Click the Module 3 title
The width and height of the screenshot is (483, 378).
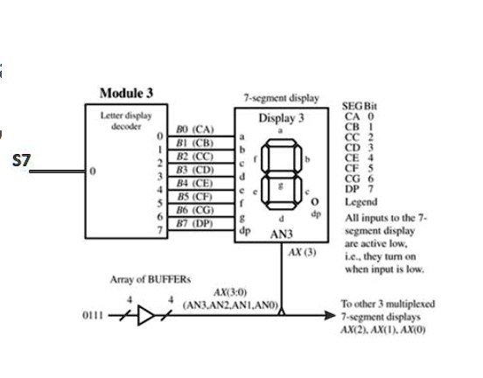126,93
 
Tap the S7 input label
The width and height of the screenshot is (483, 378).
22,160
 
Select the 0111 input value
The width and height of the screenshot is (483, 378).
93,316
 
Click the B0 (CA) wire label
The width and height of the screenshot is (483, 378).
194,129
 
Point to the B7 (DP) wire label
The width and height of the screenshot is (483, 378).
194,223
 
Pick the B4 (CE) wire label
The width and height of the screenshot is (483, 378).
194,183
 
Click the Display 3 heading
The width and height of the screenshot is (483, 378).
281,118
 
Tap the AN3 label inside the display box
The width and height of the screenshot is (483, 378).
281,234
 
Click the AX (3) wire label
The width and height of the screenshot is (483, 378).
302,252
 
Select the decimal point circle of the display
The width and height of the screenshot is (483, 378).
314,202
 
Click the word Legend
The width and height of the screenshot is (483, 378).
361,202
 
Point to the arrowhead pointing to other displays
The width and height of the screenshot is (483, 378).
330,315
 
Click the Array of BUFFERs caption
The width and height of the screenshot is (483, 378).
150,279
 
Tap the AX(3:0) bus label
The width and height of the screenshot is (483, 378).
230,291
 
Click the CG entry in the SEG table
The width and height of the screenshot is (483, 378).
353,178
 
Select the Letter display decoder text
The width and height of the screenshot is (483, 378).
126,121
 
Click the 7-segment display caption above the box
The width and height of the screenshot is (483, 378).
281,98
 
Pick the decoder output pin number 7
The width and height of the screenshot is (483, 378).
159,230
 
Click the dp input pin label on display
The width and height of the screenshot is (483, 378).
245,231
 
